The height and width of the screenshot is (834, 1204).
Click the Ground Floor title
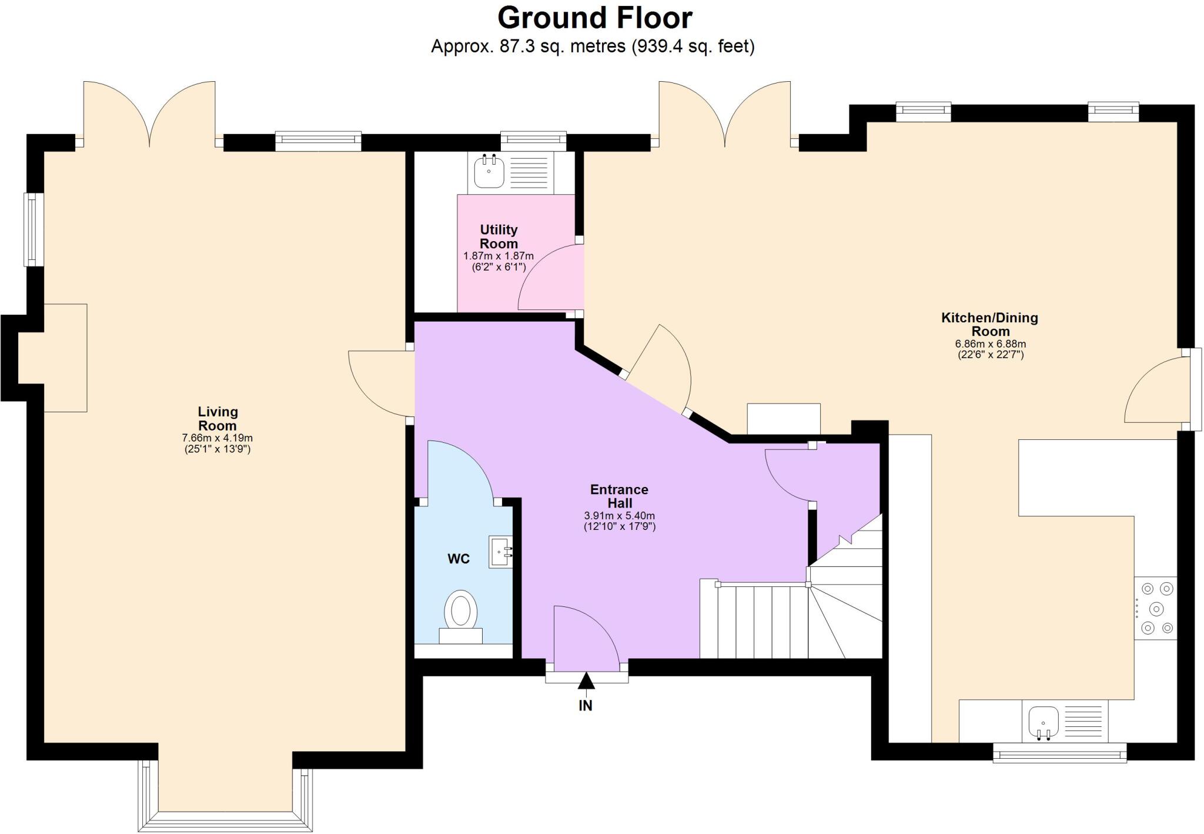click(594, 18)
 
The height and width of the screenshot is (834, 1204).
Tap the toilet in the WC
click(460, 612)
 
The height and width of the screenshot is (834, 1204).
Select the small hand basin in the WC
click(500, 552)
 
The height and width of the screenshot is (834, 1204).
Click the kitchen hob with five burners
click(1155, 608)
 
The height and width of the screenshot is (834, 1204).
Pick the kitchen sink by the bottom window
click(1044, 722)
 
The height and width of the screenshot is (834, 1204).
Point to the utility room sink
click(489, 171)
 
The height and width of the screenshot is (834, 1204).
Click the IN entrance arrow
click(586, 682)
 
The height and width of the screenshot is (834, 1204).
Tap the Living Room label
click(217, 419)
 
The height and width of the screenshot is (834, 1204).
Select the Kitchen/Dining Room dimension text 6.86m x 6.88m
click(991, 344)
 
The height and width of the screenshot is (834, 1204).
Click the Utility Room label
click(499, 236)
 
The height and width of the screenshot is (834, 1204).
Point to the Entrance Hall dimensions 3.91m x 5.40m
click(619, 516)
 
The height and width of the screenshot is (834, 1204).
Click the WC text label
click(459, 559)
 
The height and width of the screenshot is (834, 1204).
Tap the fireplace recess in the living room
click(53, 358)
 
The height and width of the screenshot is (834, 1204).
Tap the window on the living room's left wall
click(34, 229)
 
